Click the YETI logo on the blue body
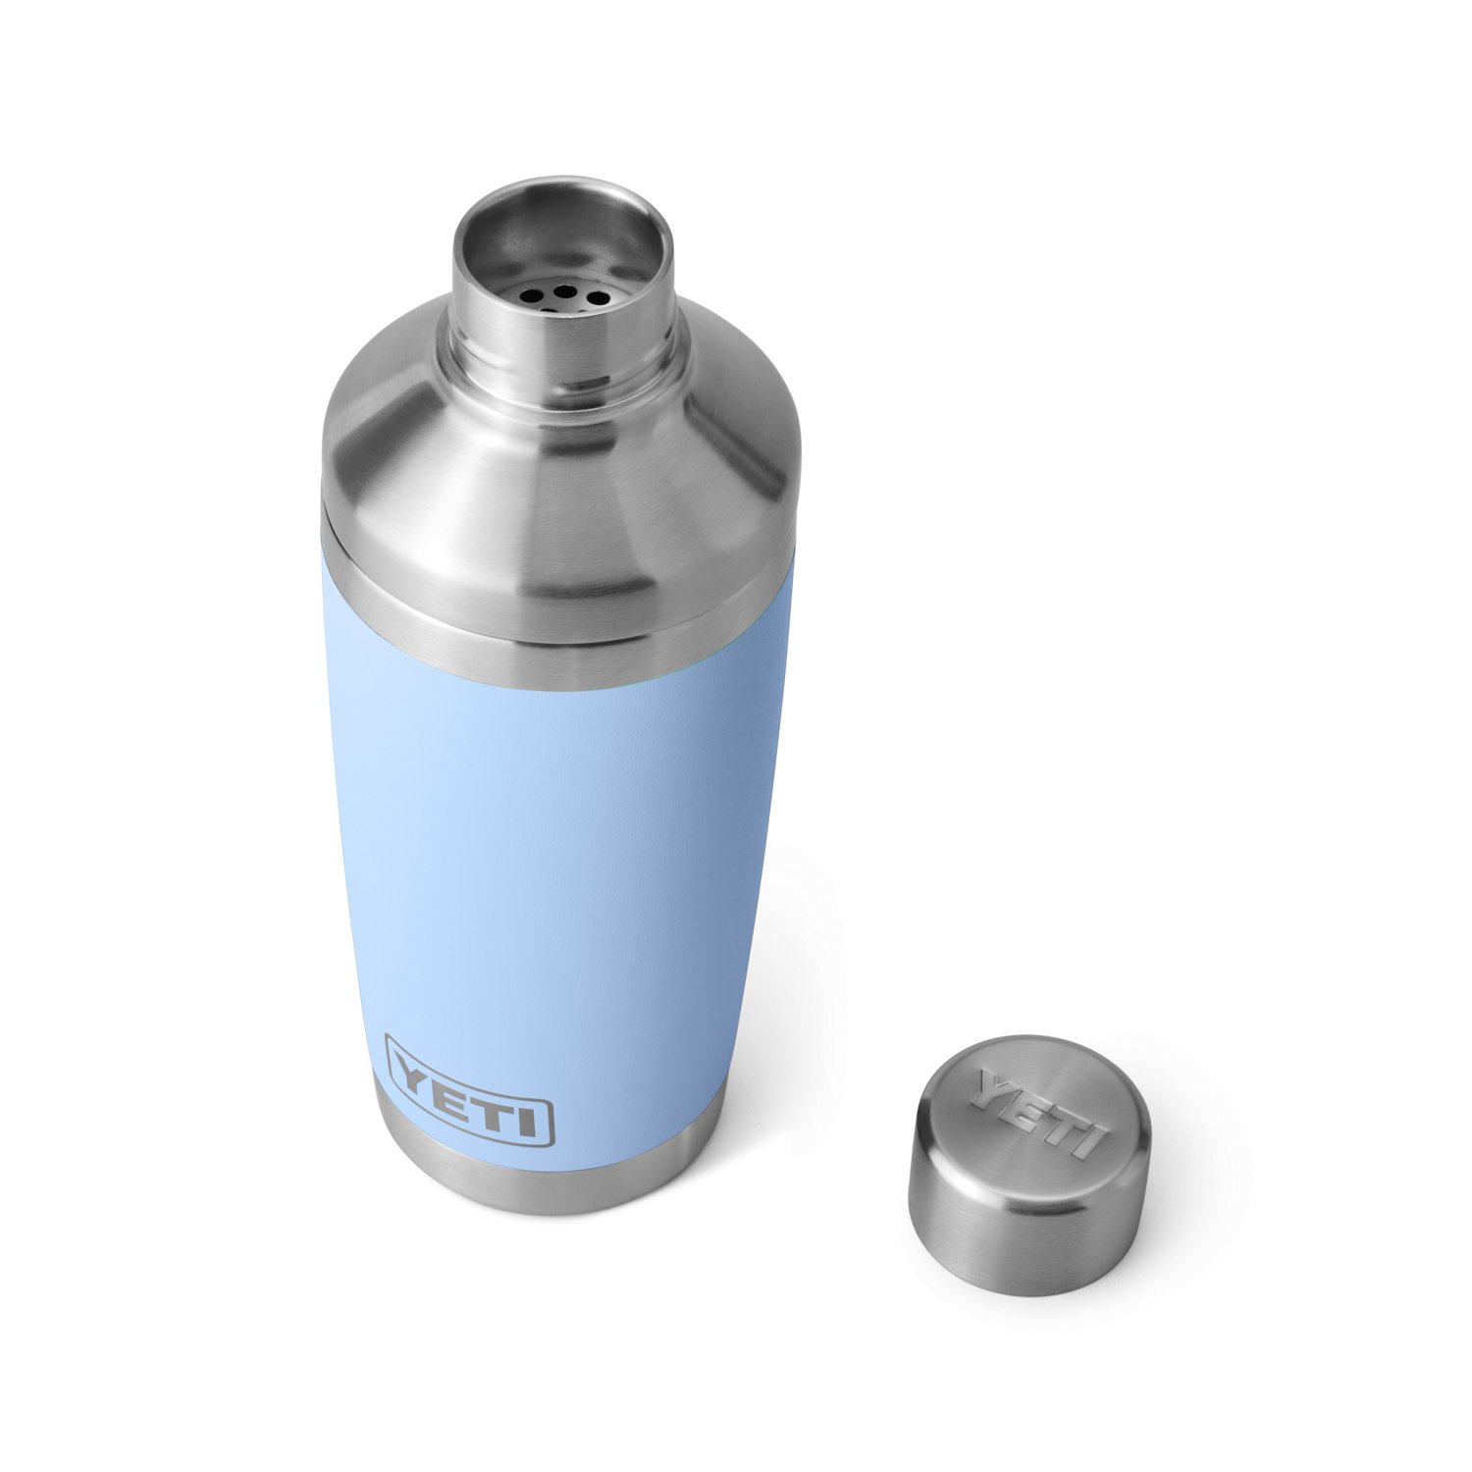coord(469,1090)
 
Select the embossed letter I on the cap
coord(1083,1141)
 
